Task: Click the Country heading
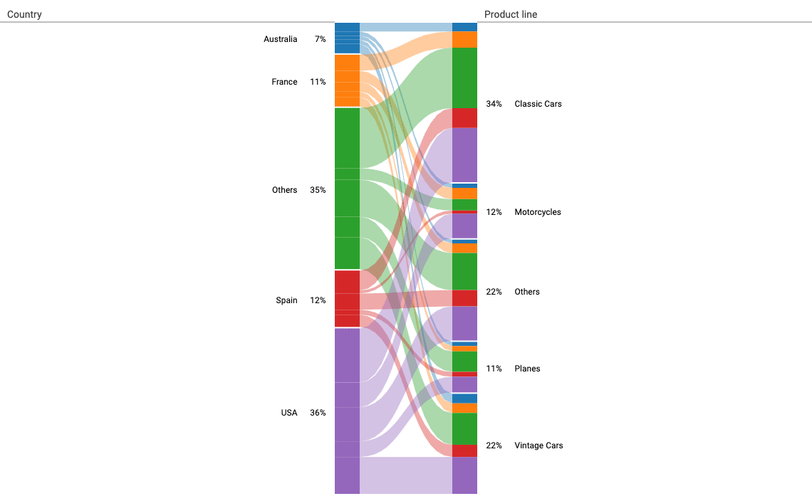(24, 14)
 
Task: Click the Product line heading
(511, 14)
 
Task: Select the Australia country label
(280, 39)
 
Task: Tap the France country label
(284, 82)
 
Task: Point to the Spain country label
(286, 300)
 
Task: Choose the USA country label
(288, 413)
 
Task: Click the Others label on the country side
(284, 190)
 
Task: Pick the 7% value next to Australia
(320, 39)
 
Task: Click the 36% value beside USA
(318, 413)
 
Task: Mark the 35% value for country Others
(318, 190)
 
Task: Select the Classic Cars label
(538, 104)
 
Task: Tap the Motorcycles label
(538, 212)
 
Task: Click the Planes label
(527, 369)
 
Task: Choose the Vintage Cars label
(538, 445)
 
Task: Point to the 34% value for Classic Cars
(494, 104)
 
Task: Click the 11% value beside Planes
(494, 369)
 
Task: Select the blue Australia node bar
(347, 38)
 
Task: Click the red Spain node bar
(347, 299)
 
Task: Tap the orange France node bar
(347, 80)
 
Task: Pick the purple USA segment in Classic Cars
(464, 154)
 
